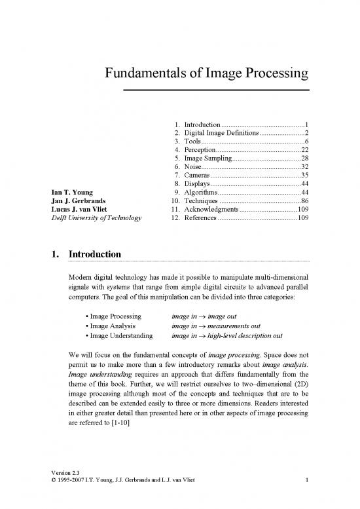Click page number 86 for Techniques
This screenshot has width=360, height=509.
point(304,201)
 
